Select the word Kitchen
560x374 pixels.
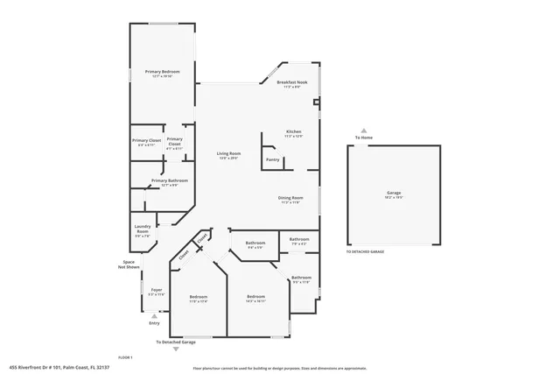click(x=293, y=132)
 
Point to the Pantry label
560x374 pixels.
click(x=273, y=159)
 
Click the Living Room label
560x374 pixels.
click(x=229, y=154)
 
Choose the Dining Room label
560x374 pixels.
click(x=290, y=198)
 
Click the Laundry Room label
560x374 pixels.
click(x=143, y=229)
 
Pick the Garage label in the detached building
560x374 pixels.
click(x=394, y=192)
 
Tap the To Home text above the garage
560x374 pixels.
click(x=363, y=138)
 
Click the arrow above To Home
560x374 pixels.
click(x=363, y=130)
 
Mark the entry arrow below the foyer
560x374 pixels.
click(x=155, y=315)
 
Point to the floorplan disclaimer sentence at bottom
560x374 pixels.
click(x=280, y=368)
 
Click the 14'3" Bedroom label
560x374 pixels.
click(x=255, y=297)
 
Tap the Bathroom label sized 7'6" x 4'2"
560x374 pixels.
click(x=299, y=239)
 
